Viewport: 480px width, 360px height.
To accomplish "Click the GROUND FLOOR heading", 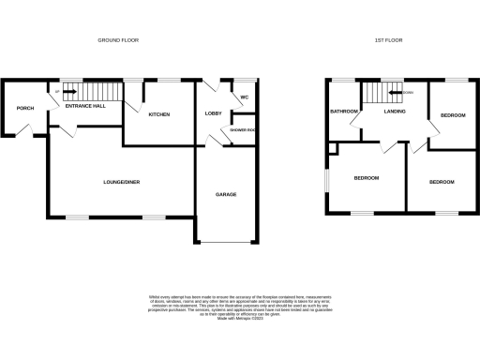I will pos(121,40).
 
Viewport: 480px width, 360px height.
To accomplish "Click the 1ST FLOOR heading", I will pos(388,40).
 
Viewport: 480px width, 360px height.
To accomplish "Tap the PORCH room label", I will pos(25,108).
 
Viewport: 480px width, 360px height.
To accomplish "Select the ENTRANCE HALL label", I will pos(84,106).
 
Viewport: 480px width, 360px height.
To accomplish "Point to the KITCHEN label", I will pos(158,113).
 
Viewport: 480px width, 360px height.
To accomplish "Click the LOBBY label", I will pos(212,113).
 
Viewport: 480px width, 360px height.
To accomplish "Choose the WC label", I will pos(243,97).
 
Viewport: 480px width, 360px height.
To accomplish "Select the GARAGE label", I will pos(225,194).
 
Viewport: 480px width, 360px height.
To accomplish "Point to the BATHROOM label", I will pos(342,112).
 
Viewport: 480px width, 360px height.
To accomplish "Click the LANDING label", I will pos(393,112).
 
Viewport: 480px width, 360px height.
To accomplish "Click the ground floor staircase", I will pos(98,92).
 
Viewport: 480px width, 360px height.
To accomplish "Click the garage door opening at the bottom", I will pos(226,241).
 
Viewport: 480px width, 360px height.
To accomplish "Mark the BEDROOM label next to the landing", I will pos(452,115).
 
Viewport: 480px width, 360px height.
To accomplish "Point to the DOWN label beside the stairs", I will pos(408,92).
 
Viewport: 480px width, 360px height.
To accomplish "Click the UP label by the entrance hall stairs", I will pos(57,91).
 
